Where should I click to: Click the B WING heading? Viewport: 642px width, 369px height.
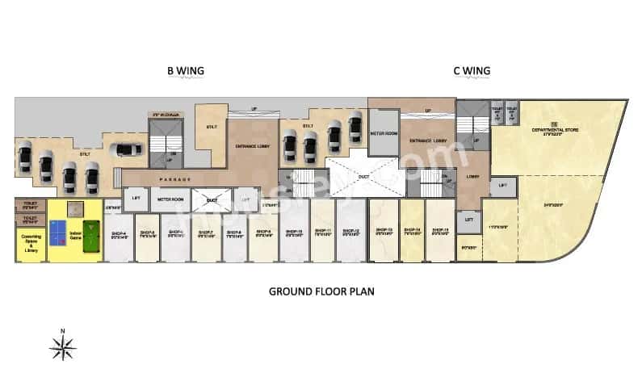[185, 71]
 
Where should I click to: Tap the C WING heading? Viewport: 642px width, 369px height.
[471, 71]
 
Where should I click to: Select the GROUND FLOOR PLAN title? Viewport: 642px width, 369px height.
[321, 290]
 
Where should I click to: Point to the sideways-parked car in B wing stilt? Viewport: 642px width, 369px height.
[124, 149]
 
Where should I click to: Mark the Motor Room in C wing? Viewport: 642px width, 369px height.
[383, 133]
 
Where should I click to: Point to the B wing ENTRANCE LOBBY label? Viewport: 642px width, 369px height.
[252, 145]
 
